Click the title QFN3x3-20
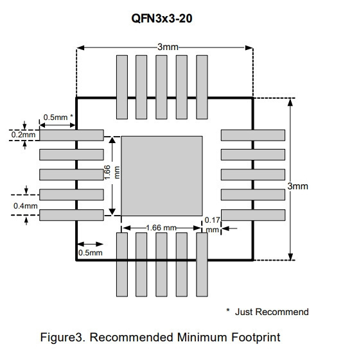point(162,19)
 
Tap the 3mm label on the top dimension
point(168,47)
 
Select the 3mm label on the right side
point(297,186)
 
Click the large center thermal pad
point(162,176)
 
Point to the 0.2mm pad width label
point(24,135)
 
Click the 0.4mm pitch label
point(25,206)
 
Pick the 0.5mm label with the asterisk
point(58,117)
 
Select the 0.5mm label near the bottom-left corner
point(90,253)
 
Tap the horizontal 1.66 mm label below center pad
point(161,228)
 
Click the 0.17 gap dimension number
point(212,220)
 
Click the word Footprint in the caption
point(256,338)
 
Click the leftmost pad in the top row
point(122,87)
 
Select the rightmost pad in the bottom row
point(202,264)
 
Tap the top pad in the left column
point(71,135)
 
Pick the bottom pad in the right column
point(253,215)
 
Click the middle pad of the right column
point(253,175)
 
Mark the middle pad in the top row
point(161,87)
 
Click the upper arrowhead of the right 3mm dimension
point(290,102)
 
